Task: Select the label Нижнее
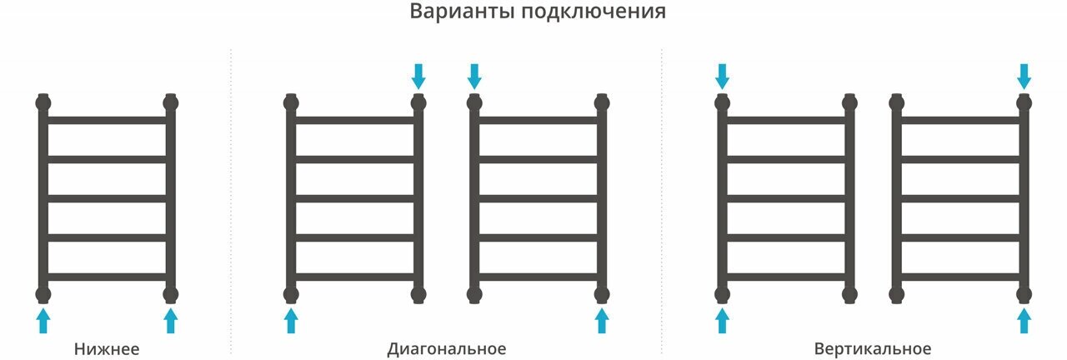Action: coord(107,348)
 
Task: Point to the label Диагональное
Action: coord(446,348)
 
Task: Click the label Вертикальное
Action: coord(873,348)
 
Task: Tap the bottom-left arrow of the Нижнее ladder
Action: coord(43,320)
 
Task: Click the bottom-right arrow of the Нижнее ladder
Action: coord(171,320)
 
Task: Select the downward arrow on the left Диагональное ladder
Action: coord(418,77)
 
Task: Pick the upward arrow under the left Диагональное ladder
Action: coord(291,320)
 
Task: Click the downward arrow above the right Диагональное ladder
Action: coord(474,77)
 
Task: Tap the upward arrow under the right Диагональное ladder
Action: coord(601,320)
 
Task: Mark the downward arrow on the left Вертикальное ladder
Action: coord(723,77)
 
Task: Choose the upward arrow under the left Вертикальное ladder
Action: coord(723,320)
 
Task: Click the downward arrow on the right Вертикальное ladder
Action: coord(1024,77)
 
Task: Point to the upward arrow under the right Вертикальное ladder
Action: coord(1024,320)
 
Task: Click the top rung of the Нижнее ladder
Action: coord(107,121)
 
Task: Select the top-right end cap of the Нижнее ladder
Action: coord(171,103)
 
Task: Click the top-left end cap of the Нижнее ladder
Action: coord(43,103)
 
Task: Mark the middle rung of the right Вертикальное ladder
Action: coord(960,198)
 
